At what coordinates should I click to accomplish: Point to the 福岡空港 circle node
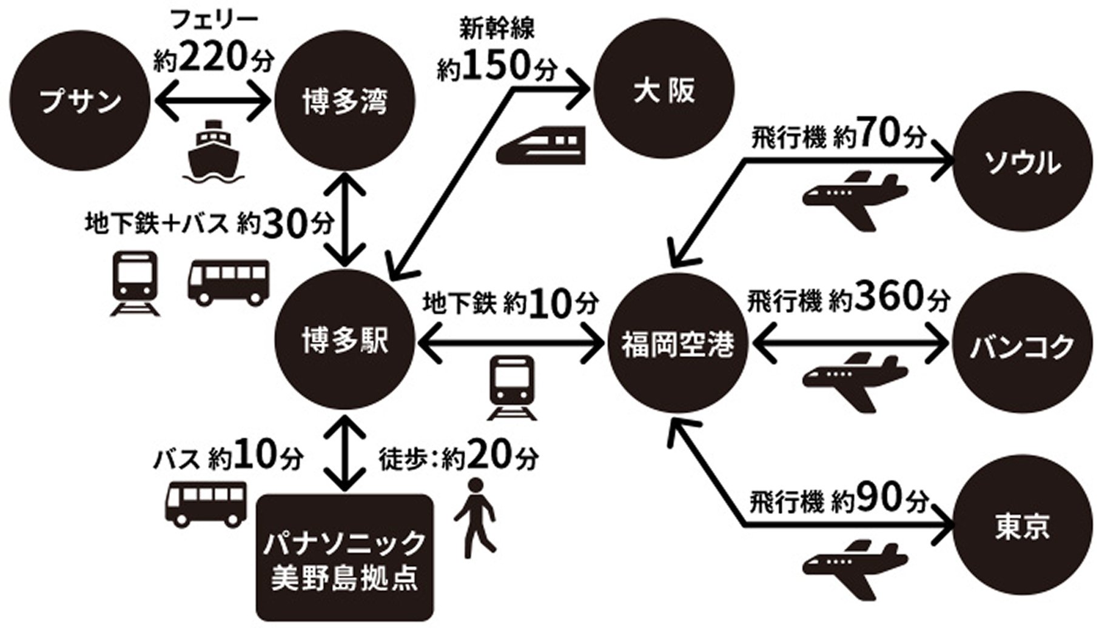(677, 346)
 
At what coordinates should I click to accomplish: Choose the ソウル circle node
(1021, 164)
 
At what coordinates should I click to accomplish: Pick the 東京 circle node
(1021, 527)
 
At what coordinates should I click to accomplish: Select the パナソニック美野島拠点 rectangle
(344, 558)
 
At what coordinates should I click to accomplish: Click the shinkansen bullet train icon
(541, 145)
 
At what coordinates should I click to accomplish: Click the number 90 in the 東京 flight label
(882, 499)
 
